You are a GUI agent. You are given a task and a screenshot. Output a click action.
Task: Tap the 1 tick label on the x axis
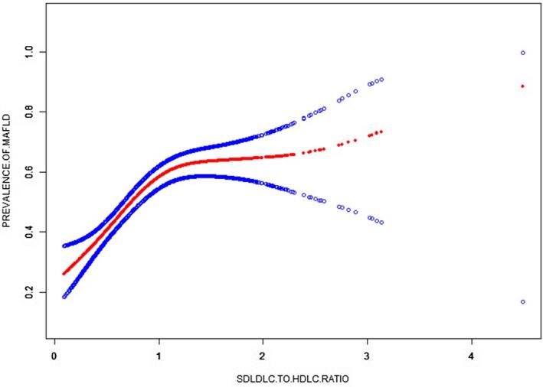point(159,356)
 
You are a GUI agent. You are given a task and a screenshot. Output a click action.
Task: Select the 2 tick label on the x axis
point(263,356)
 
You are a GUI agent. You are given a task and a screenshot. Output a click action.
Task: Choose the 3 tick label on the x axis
point(367,356)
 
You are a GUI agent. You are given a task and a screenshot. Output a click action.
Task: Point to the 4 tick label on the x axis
point(471,356)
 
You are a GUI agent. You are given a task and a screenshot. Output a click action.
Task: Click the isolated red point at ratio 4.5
point(522,86)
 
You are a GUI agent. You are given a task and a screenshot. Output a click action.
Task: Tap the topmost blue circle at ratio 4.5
point(522,53)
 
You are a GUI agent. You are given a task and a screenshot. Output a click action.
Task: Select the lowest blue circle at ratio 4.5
point(522,302)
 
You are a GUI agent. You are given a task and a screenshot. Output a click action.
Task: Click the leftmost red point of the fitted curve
point(64,273)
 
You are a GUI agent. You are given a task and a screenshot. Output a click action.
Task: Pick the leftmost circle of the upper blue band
point(64,246)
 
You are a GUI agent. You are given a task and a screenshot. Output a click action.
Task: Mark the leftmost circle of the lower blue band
point(64,296)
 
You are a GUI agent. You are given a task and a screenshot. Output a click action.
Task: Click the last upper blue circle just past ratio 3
point(381,80)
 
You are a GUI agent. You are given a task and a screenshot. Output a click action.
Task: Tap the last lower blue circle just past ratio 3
point(381,223)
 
